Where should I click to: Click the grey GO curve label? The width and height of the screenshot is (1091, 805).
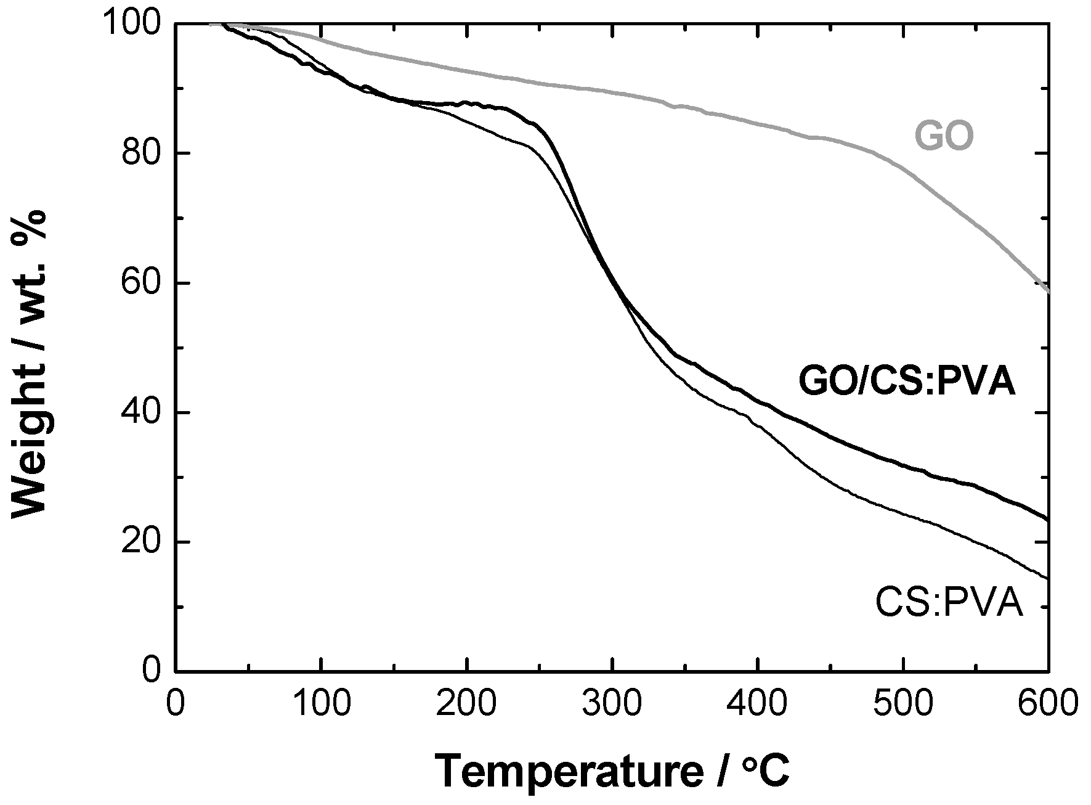(943, 136)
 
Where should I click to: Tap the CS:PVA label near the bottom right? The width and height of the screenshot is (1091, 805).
(949, 603)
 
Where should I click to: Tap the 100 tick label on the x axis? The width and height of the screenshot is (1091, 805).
(321, 703)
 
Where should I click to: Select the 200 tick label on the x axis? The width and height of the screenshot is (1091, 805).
(466, 703)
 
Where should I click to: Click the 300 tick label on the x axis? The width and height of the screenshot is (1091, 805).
(612, 703)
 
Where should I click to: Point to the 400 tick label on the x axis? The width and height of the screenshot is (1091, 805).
(757, 703)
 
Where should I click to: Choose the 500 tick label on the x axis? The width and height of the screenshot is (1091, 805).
(902, 703)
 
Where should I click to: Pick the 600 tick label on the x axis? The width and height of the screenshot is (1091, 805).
(1047, 703)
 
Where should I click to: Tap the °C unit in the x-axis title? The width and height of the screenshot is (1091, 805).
(764, 770)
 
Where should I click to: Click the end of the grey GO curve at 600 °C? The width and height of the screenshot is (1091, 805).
(1047, 291)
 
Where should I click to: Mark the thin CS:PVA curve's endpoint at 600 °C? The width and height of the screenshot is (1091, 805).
(1047, 578)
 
